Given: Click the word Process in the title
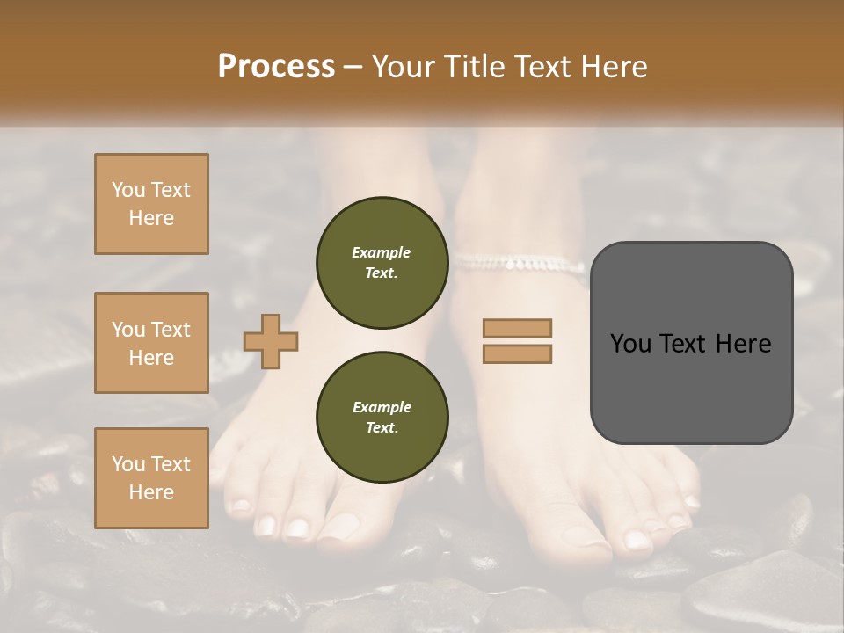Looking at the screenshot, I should (x=276, y=67).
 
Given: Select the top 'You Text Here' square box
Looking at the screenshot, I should (x=151, y=204).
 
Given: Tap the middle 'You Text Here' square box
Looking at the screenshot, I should (x=151, y=343).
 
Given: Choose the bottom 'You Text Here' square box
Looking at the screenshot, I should (x=151, y=478).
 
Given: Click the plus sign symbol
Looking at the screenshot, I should (x=270, y=341).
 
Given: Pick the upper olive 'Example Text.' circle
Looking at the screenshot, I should (x=382, y=263).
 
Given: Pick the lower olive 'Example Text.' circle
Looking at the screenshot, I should (x=382, y=418).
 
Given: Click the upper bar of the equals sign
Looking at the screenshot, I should (x=518, y=328).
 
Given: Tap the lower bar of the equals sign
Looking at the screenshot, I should (x=518, y=354).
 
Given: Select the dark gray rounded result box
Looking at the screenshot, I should (x=691, y=343).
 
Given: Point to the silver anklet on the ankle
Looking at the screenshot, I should (x=519, y=263).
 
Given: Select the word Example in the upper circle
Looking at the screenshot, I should (x=382, y=252).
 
